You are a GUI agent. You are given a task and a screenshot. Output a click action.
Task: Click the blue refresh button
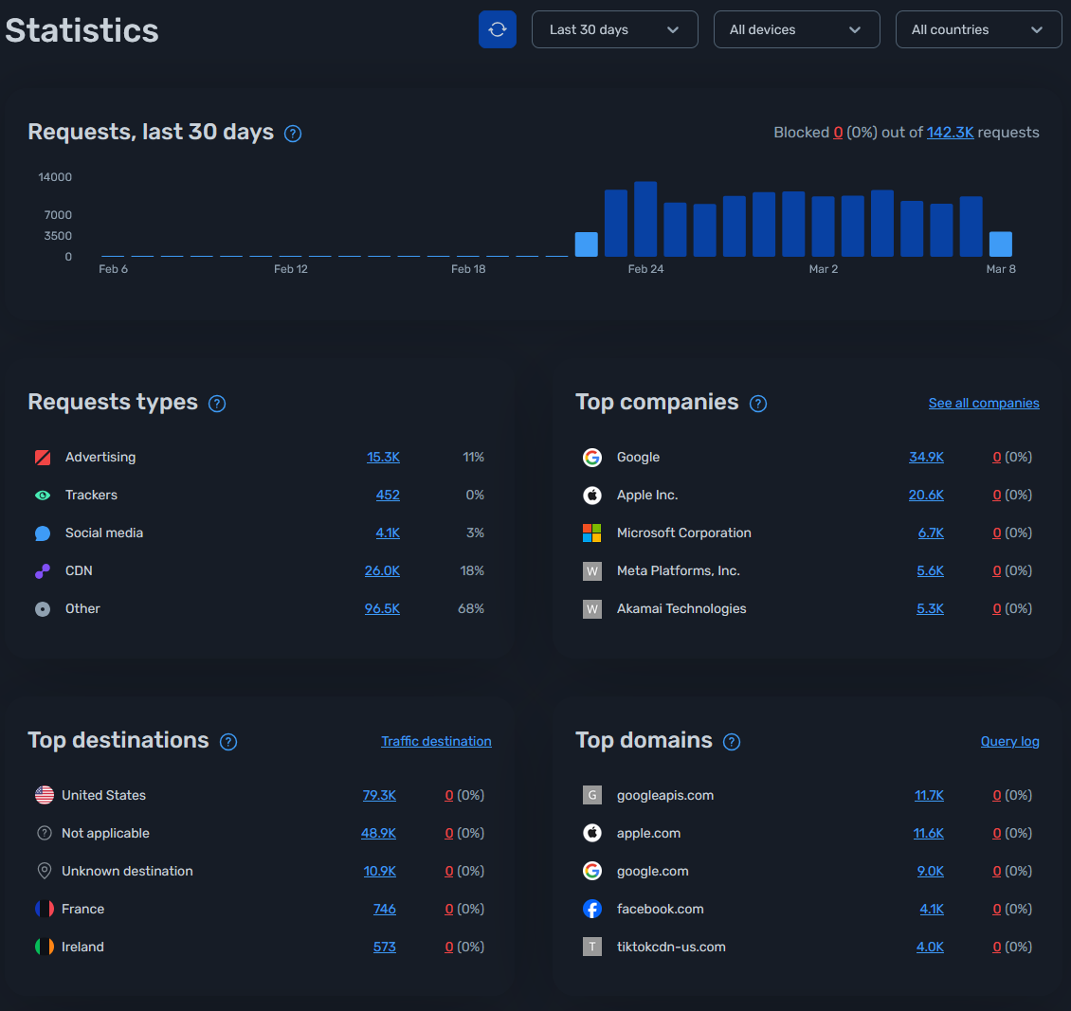tap(498, 29)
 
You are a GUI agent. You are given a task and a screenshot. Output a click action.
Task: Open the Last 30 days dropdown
tap(614, 29)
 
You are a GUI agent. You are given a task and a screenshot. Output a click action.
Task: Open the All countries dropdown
tap(978, 29)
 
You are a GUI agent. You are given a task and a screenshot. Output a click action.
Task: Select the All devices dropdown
tap(796, 29)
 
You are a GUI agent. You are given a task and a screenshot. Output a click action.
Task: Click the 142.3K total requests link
tap(950, 133)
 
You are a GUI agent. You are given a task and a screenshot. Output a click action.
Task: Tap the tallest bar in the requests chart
tap(645, 219)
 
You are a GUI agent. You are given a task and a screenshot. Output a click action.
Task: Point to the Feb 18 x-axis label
tap(468, 269)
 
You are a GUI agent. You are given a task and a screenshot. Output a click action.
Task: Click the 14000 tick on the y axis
tap(55, 177)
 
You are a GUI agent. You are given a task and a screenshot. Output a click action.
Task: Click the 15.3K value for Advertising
tap(383, 457)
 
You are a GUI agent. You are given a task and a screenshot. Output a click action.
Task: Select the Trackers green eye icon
tap(43, 495)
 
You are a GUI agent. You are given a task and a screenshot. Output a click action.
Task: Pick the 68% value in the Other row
tap(471, 608)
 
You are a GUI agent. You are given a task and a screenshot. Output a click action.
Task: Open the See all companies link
tap(984, 403)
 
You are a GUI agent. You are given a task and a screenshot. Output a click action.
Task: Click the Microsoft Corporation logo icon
tap(592, 533)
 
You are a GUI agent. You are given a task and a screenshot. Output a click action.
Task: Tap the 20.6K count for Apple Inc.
tap(926, 495)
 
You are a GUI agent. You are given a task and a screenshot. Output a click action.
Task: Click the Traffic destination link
tap(436, 741)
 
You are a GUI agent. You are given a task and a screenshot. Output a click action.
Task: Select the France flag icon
tap(45, 909)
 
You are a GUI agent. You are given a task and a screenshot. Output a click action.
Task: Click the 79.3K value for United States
tap(379, 795)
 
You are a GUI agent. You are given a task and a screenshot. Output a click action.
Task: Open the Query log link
tap(1009, 741)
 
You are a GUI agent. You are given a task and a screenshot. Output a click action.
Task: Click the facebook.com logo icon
tap(592, 909)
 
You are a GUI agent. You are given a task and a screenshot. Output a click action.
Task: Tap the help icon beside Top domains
tap(732, 742)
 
